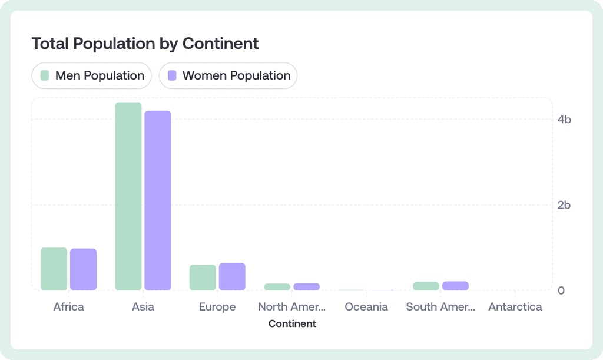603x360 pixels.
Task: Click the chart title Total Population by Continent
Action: coord(145,44)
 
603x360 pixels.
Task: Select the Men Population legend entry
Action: coord(92,75)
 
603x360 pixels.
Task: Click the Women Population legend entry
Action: coord(228,75)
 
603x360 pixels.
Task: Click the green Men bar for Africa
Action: coord(54,269)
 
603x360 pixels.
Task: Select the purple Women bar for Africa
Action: coord(83,270)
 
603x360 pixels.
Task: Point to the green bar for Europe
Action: coord(203,278)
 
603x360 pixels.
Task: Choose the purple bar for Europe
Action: coord(232,277)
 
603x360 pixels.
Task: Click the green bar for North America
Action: coord(277,287)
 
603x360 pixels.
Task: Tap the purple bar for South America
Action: coord(455,286)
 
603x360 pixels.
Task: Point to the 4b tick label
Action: coord(564,120)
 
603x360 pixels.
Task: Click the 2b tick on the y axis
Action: coord(564,205)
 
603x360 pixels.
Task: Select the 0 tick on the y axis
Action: coord(561,290)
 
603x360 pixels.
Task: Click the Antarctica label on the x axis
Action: coord(515,307)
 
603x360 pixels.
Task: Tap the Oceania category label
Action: coord(366,307)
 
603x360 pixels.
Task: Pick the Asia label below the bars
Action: coord(143,307)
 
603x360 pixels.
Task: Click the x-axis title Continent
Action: coord(292,323)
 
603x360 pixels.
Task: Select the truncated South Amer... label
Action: coord(440,307)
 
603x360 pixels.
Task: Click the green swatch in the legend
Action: coord(45,75)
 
